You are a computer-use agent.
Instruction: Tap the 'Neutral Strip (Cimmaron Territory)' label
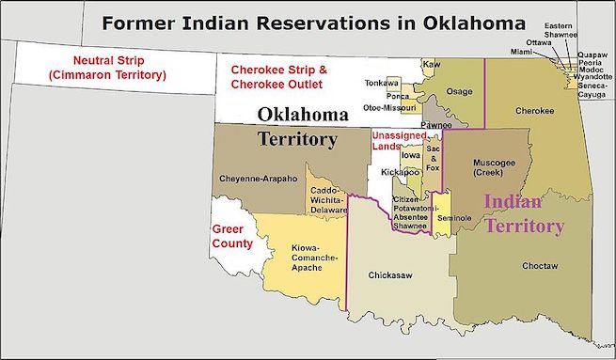click(x=92, y=69)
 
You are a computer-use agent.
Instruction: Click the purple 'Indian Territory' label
click(x=524, y=213)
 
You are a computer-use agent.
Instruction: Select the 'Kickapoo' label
click(x=399, y=173)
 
